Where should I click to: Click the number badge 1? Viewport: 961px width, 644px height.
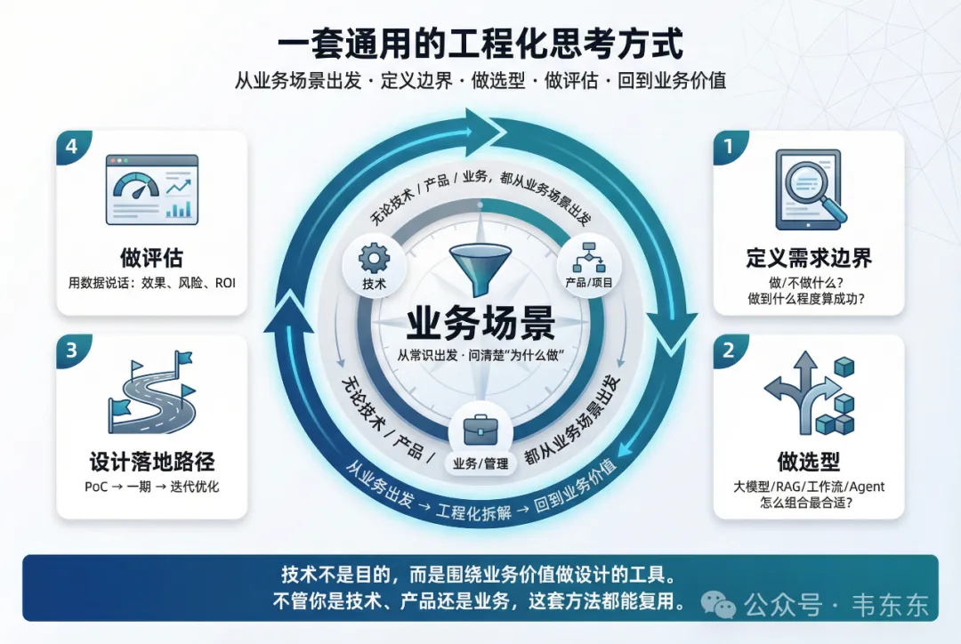point(729,145)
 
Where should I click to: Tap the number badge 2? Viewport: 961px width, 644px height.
point(729,350)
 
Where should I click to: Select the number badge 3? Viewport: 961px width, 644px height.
point(71,350)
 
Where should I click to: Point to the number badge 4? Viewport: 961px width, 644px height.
point(71,145)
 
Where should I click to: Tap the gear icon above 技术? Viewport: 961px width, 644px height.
point(374,258)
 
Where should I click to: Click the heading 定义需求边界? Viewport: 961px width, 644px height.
point(809,259)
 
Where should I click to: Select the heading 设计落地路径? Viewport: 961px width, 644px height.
point(152,463)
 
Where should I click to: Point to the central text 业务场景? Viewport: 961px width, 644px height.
point(480,322)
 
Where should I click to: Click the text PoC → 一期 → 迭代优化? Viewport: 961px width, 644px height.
point(152,487)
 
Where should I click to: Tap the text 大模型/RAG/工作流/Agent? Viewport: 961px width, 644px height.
point(809,487)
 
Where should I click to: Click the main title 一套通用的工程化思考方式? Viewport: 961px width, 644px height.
point(480,43)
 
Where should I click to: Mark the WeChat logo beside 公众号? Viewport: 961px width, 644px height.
point(719,605)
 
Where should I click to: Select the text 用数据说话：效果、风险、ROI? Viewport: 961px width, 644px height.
point(152,284)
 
